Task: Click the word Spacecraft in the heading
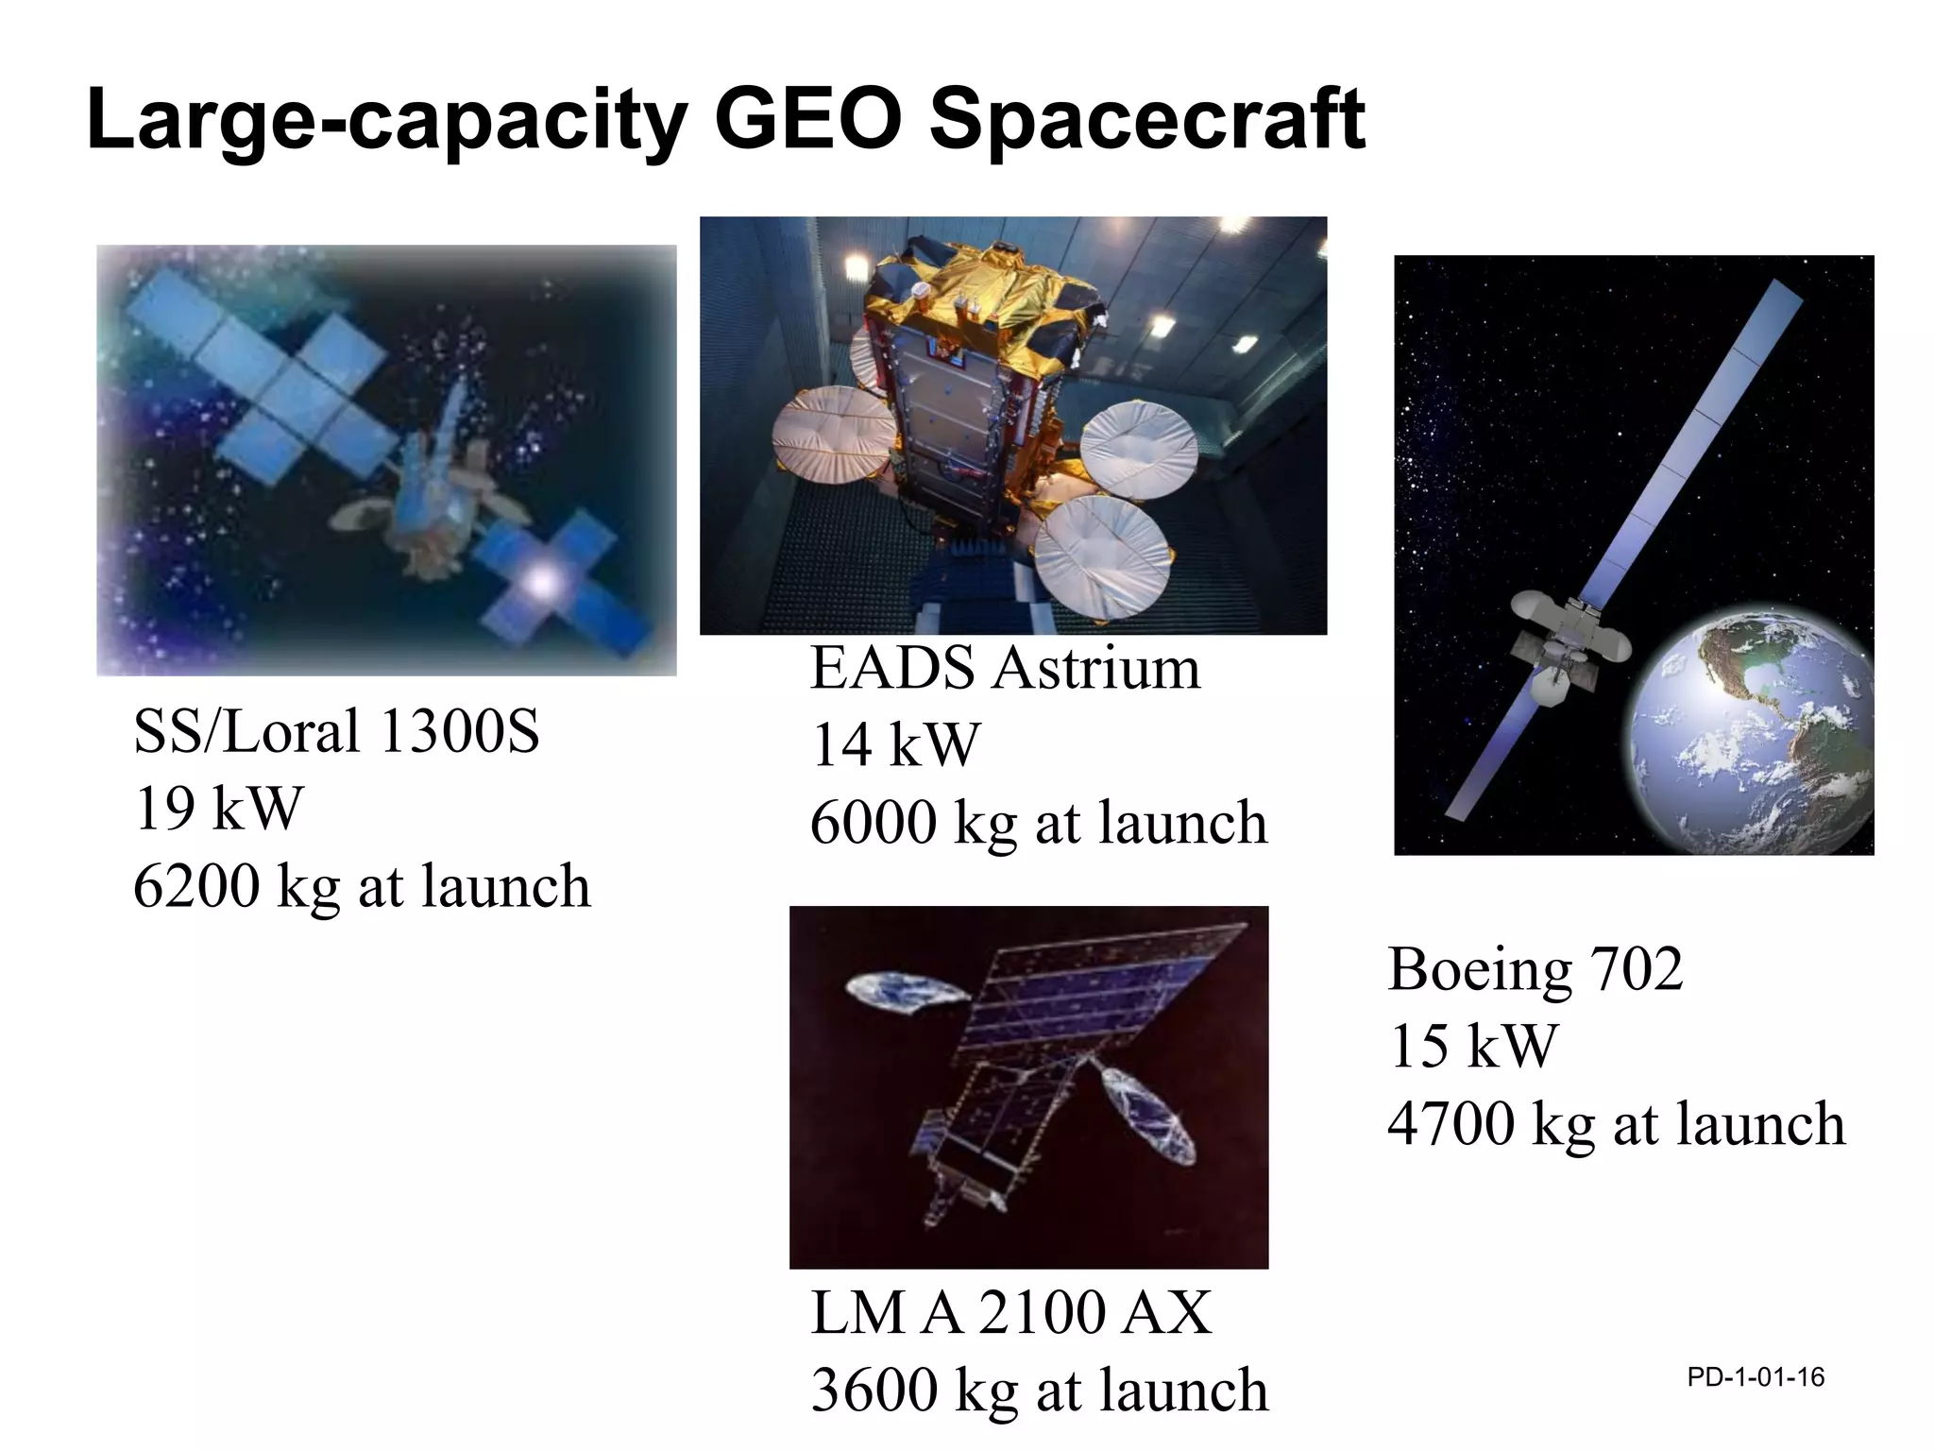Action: [x=1147, y=121]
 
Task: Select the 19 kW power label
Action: [x=218, y=809]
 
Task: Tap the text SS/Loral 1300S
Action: [x=336, y=731]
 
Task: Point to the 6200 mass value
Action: [x=196, y=886]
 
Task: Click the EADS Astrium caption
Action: [x=1005, y=669]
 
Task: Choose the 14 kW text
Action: [x=895, y=745]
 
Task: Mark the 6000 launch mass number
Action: [x=874, y=823]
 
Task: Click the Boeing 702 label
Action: [x=1535, y=969]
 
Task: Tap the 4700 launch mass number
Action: [x=1450, y=1124]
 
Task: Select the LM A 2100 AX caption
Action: [x=1010, y=1313]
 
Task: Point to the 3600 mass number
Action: [x=874, y=1391]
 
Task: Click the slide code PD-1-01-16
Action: [x=1756, y=1377]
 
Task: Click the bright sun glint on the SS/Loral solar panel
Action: [x=542, y=581]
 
